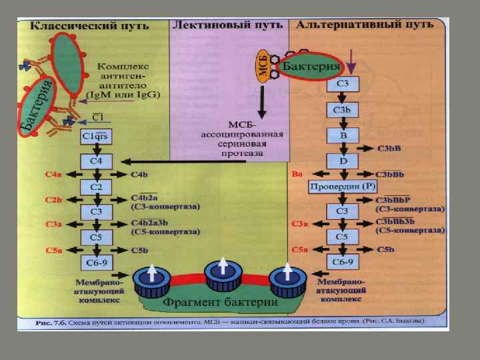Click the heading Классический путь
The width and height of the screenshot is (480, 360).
pyautogui.click(x=73, y=25)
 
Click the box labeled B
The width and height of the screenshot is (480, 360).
pyautogui.click(x=342, y=136)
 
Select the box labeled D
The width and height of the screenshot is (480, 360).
pyautogui.click(x=342, y=161)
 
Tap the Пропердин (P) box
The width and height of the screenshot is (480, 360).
pyautogui.click(x=342, y=187)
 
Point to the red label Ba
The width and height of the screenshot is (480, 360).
pyautogui.click(x=297, y=175)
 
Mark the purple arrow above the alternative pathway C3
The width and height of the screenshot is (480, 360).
pyautogui.click(x=353, y=65)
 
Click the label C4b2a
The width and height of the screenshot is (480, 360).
pyautogui.click(x=145, y=199)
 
